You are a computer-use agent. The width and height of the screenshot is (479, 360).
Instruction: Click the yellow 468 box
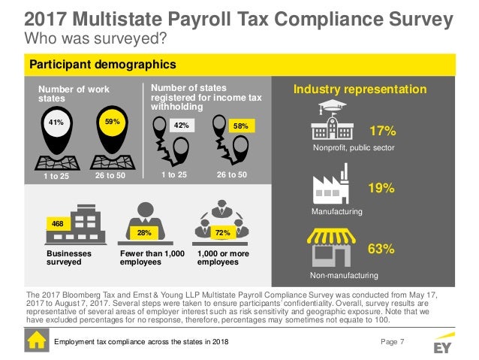pyautogui.click(x=56, y=223)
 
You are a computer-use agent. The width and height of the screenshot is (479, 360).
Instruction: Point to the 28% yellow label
pyautogui.click(x=141, y=234)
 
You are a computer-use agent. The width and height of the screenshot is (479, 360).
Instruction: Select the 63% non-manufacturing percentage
pyautogui.click(x=381, y=249)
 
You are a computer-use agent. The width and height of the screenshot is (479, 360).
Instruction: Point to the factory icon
pyautogui.click(x=330, y=183)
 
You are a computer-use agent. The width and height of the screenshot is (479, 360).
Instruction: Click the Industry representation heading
pyautogui.click(x=360, y=90)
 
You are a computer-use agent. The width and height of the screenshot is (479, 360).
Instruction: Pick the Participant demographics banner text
pyautogui.click(x=102, y=65)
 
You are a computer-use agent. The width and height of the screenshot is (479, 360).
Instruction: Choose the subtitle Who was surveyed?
pyautogui.click(x=95, y=37)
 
